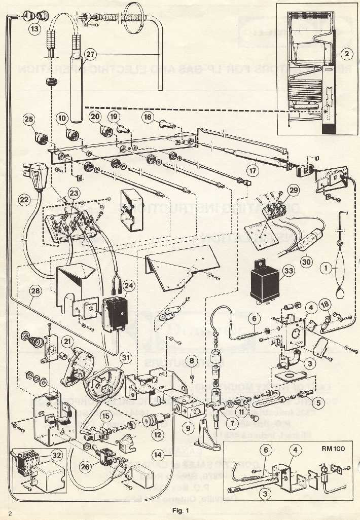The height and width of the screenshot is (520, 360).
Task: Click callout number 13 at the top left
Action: [34, 29]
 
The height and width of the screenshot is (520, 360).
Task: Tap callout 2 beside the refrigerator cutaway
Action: [346, 52]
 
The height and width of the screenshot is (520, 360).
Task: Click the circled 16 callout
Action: [148, 118]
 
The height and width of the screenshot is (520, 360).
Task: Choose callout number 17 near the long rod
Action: [252, 170]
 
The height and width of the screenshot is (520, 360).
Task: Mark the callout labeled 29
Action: [293, 191]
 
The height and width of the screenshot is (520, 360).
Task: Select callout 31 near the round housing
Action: [126, 357]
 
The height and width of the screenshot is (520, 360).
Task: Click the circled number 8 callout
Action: [191, 361]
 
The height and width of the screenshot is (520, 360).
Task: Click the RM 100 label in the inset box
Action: [337, 449]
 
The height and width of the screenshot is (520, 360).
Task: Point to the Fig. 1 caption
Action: [180, 510]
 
